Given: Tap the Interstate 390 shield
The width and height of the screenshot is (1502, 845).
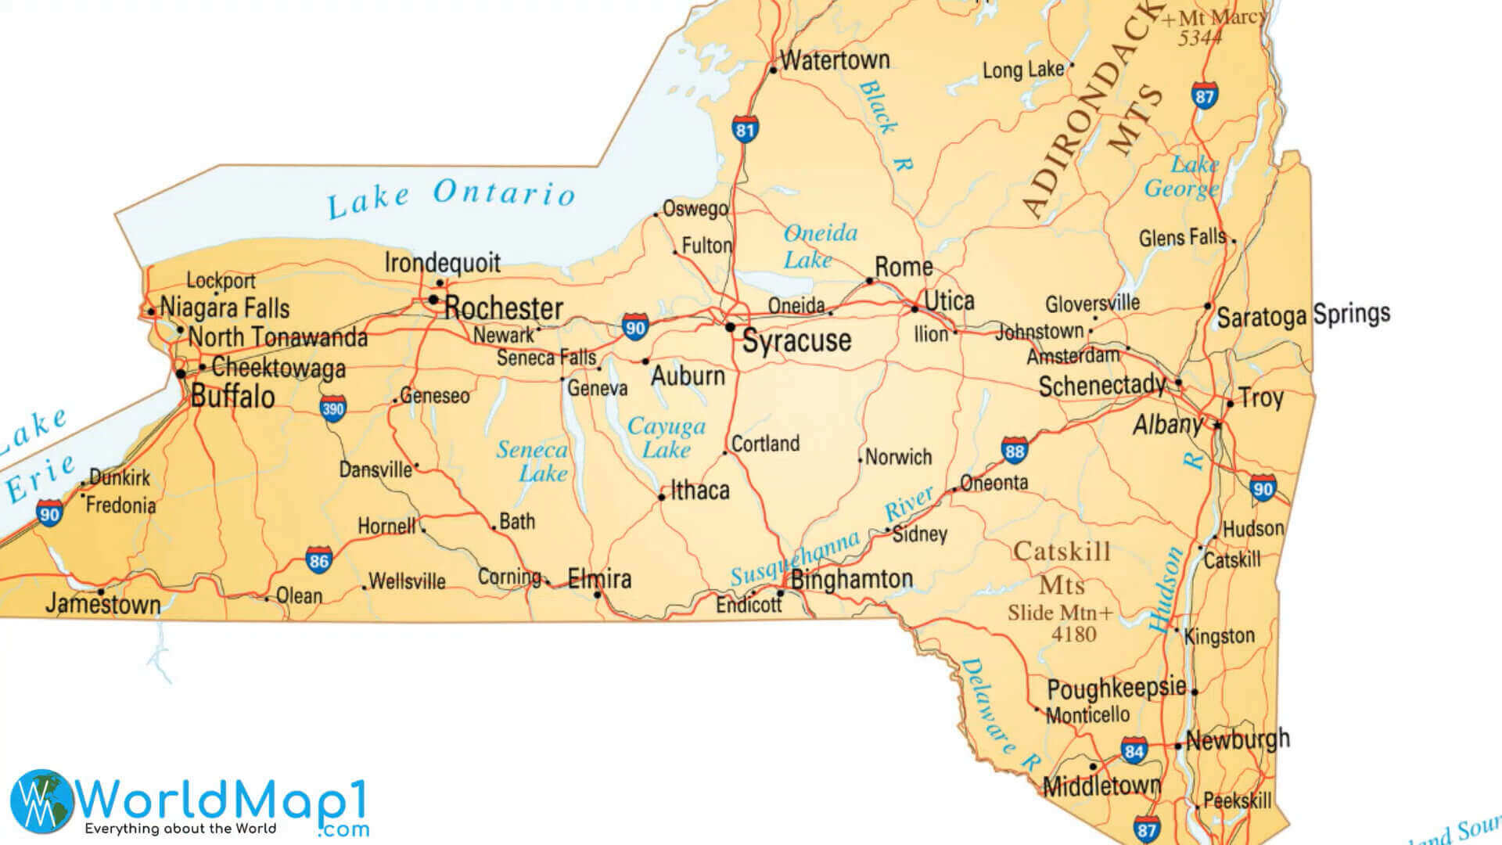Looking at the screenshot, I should pos(332,408).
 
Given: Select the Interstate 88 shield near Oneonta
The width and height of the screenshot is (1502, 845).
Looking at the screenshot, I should pos(1014,451).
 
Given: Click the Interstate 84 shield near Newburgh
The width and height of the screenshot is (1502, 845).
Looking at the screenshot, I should pos(1134,752).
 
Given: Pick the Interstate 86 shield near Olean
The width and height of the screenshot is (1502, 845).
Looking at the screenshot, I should pos(318,561).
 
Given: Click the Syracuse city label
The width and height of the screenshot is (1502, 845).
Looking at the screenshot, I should pos(796,341).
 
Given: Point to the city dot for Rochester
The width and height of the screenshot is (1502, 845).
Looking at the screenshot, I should pos(433,300).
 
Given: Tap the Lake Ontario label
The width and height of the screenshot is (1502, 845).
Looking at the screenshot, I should pos(451,197).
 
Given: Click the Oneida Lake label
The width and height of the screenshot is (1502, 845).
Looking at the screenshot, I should pos(819,246).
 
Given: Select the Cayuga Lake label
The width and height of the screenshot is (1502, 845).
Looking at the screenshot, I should pos(667,437).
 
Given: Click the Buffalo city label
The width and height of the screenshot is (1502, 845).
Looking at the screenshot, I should pos(232,397).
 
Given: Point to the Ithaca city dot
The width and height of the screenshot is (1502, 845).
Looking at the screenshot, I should pos(662,497).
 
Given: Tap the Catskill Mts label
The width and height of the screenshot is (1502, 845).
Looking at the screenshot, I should pos(1062,567).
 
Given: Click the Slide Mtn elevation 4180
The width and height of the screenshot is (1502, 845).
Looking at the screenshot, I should pos(1073,635).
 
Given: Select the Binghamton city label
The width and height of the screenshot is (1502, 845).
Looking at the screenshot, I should pos(852,580).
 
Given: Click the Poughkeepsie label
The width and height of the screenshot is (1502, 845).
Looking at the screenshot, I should pos(1116,689).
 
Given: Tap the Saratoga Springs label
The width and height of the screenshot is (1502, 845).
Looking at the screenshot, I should pos(1303,315).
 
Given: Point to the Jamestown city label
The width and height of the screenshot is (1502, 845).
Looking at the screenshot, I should pos(102,604).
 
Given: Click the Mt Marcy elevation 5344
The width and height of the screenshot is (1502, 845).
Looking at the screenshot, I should pos(1199,38).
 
